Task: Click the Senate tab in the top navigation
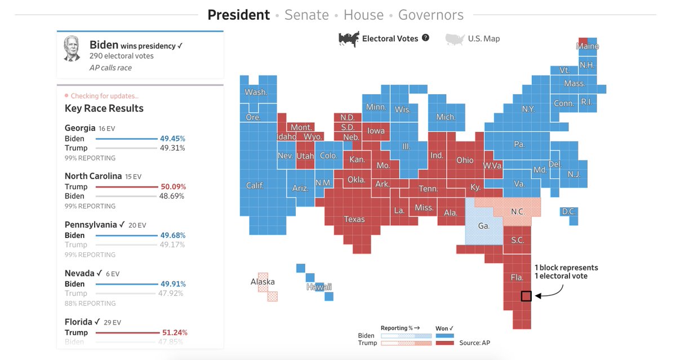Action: pyautogui.click(x=306, y=15)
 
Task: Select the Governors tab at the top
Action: pyautogui.click(x=430, y=15)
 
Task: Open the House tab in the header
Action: pyautogui.click(x=363, y=15)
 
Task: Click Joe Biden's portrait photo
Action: pyautogui.click(x=72, y=49)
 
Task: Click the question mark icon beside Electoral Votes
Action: pyautogui.click(x=425, y=38)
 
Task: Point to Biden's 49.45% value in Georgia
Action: pyautogui.click(x=173, y=139)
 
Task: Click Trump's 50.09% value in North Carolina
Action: pyautogui.click(x=173, y=186)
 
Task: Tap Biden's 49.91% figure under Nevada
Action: pyautogui.click(x=173, y=284)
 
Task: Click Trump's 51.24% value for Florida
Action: pyautogui.click(x=173, y=332)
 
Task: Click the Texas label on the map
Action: pyautogui.click(x=354, y=219)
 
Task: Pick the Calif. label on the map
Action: pyautogui.click(x=255, y=185)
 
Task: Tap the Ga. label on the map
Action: pyautogui.click(x=483, y=225)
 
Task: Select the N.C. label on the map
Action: pyautogui.click(x=518, y=212)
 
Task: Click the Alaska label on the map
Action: pyautogui.click(x=263, y=282)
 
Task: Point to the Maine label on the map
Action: pyautogui.click(x=587, y=46)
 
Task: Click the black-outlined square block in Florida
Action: pyautogui.click(x=526, y=296)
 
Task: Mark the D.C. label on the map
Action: pyautogui.click(x=568, y=211)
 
